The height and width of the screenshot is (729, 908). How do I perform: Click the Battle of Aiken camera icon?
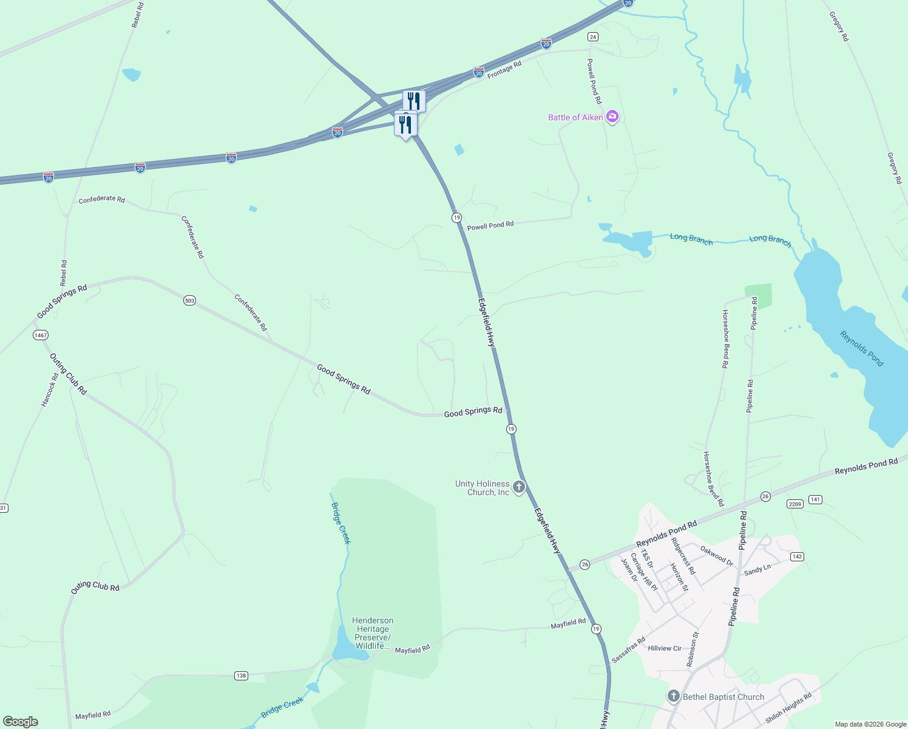612,117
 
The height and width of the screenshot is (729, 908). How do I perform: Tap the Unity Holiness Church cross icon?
519,487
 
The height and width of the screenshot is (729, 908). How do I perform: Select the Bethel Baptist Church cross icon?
673,696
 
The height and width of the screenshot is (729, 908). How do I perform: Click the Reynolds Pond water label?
861,348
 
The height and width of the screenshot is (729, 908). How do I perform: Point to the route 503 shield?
190,301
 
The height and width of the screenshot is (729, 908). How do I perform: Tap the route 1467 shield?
41,335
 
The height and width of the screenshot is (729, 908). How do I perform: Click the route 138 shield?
242,676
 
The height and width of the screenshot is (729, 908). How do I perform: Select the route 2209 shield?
795,504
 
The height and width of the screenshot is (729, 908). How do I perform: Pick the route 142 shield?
797,556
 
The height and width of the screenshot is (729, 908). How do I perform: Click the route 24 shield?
593,37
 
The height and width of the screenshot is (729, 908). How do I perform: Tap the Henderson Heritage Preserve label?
373,633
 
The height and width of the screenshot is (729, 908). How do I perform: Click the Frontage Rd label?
504,70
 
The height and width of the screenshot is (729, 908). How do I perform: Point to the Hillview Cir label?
665,648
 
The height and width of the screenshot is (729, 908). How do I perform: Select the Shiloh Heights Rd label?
788,708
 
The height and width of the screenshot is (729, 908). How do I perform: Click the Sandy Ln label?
757,570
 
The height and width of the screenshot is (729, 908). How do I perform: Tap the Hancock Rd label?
50,389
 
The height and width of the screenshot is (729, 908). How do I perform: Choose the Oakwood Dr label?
716,555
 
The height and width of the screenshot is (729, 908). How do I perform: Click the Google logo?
21,722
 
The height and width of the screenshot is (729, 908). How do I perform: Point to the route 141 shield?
815,499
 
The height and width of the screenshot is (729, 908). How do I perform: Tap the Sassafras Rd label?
628,650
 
